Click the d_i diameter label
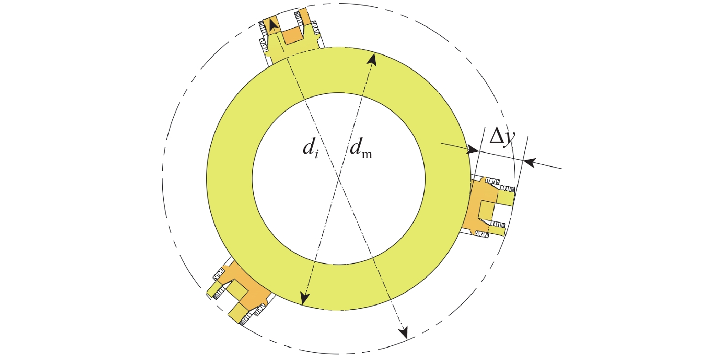coord(311,148)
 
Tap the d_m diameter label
coord(361,148)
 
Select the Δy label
coord(502,137)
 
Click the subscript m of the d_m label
coord(367,155)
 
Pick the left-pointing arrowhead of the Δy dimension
coord(530,162)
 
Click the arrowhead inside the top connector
coord(273,26)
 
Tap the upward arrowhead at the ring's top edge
coord(372,60)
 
